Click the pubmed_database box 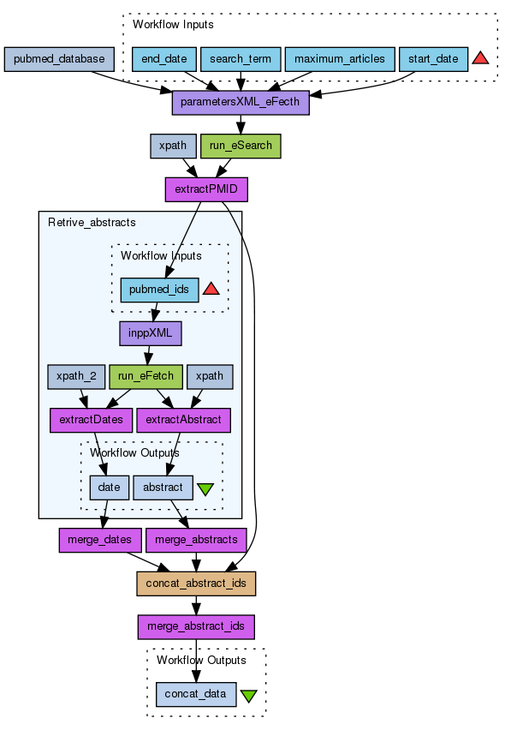pyautogui.click(x=59, y=59)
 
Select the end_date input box pyautogui.click(x=164, y=59)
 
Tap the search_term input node pyautogui.click(x=241, y=59)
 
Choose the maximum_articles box pyautogui.click(x=340, y=59)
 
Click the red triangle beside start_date pyautogui.click(x=480, y=58)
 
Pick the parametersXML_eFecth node pyautogui.click(x=241, y=103)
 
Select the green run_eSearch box pyautogui.click(x=241, y=146)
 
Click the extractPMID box pyautogui.click(x=206, y=189)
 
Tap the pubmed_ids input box pyautogui.click(x=159, y=290)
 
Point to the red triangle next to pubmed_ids pyautogui.click(x=211, y=289)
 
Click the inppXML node pyautogui.click(x=150, y=333)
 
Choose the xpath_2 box pyautogui.click(x=76, y=377)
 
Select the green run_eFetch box pyautogui.click(x=146, y=377)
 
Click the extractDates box pyautogui.click(x=91, y=420)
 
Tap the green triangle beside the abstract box pyautogui.click(x=205, y=489)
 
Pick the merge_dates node pyautogui.click(x=100, y=540)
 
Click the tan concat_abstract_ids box pyautogui.click(x=196, y=583)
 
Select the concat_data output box pyautogui.click(x=196, y=694)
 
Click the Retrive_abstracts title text pyautogui.click(x=92, y=223)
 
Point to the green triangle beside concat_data pyautogui.click(x=249, y=696)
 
